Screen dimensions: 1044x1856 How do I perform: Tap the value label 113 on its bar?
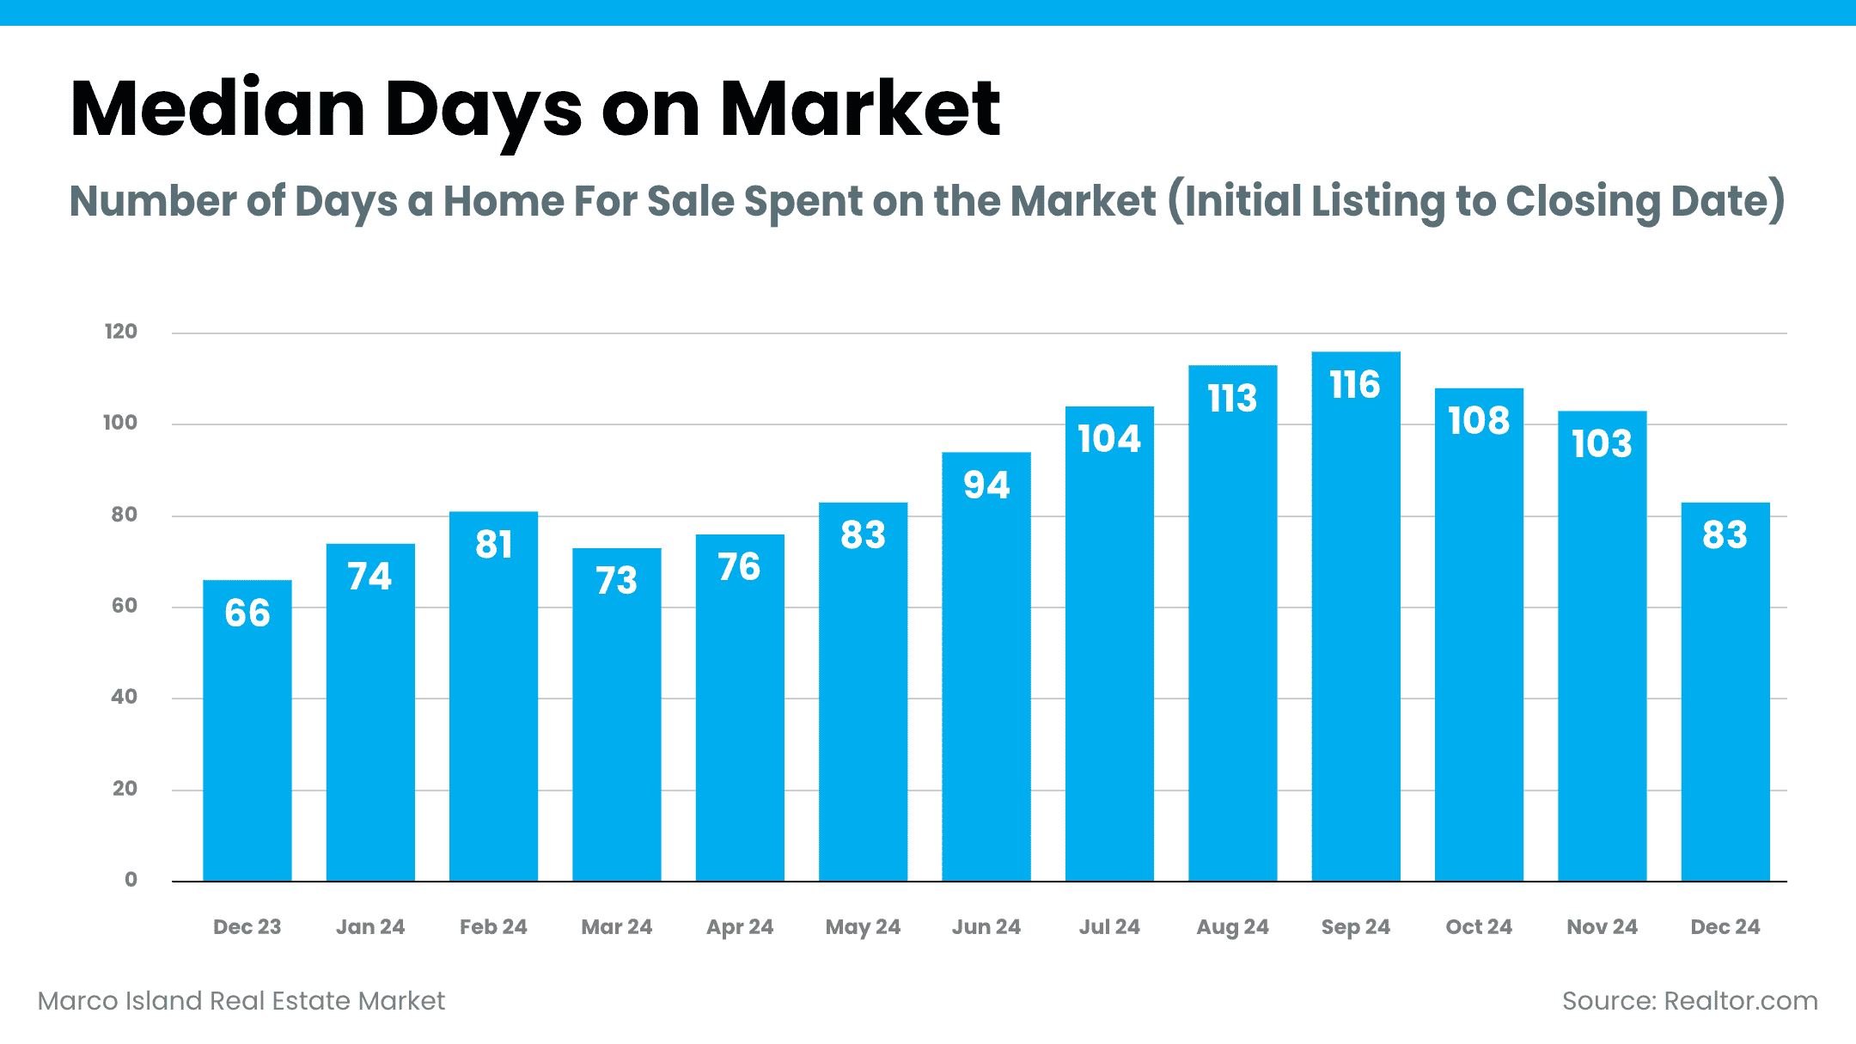click(x=1232, y=399)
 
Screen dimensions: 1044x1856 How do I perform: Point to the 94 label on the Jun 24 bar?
click(x=986, y=485)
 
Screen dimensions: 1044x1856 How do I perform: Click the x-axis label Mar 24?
click(x=616, y=927)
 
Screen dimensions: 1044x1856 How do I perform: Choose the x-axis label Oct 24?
click(x=1478, y=927)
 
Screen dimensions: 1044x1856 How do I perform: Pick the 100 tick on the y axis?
click(x=120, y=423)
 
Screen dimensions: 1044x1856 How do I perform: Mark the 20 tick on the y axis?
click(x=125, y=789)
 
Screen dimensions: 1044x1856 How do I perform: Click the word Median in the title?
click(x=217, y=109)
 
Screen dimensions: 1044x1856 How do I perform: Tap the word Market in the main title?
click(x=859, y=109)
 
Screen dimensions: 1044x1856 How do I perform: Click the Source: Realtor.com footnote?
click(x=1689, y=1001)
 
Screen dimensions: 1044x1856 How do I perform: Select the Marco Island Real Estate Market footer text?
click(x=241, y=1001)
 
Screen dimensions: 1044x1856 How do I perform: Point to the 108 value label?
click(x=1478, y=421)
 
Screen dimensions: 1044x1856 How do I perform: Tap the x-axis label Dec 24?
click(x=1725, y=927)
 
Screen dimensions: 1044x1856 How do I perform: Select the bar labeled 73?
click(x=616, y=730)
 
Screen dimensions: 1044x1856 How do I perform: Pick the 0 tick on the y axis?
click(x=131, y=880)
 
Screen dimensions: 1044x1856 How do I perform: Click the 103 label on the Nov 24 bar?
click(x=1602, y=444)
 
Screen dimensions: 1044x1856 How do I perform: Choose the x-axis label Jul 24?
click(x=1108, y=927)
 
